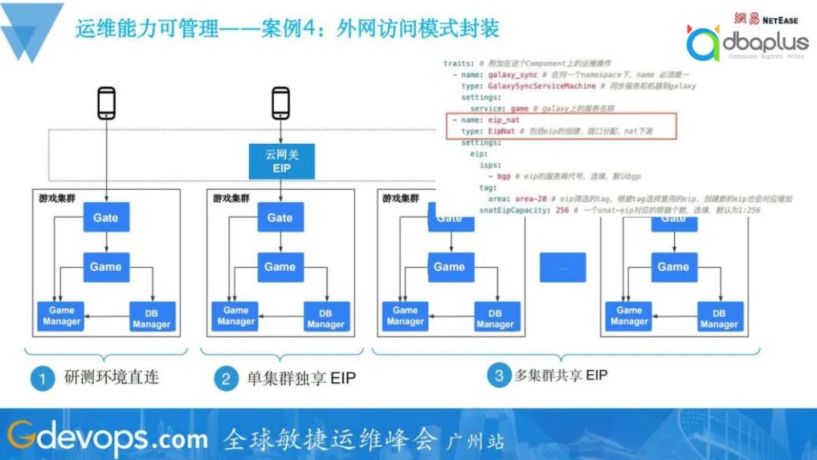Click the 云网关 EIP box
click(281, 161)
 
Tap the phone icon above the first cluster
click(107, 104)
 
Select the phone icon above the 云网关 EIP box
click(281, 104)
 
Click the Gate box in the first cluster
click(106, 218)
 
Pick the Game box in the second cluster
click(280, 267)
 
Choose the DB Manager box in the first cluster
click(151, 317)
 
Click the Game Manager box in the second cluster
click(236, 316)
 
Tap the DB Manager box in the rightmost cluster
click(719, 317)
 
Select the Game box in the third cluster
click(449, 267)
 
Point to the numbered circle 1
click(42, 378)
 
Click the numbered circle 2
click(225, 378)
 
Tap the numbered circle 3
click(499, 375)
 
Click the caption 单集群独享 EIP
click(301, 378)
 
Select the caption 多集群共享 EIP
click(561, 375)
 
